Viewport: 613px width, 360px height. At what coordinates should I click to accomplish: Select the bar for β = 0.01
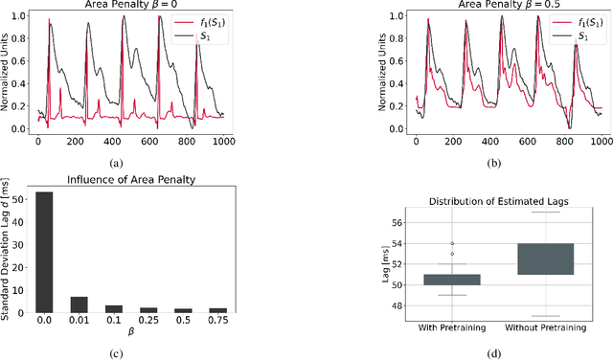click(x=79, y=304)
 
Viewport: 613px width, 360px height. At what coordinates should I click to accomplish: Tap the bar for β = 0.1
click(x=114, y=308)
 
